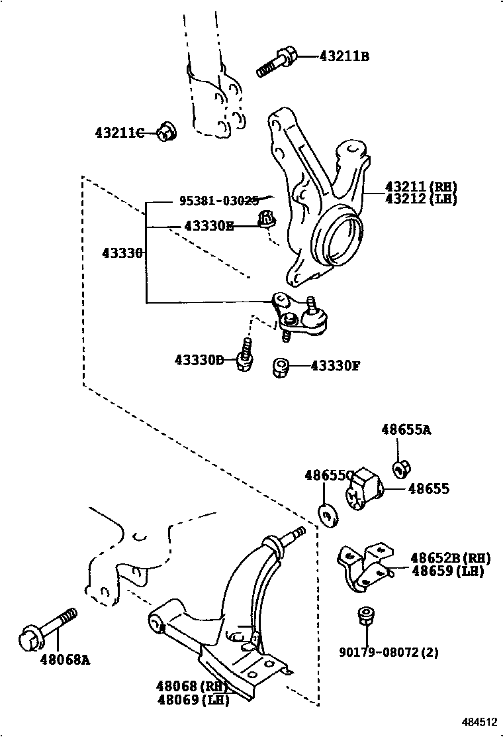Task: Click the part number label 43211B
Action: [x=343, y=56]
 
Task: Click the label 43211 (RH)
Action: [x=421, y=187]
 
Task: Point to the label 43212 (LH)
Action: [x=421, y=199]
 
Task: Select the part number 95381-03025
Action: [x=219, y=201]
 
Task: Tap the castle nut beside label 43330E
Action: [x=267, y=220]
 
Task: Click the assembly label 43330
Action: [x=122, y=253]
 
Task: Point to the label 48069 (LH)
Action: [x=193, y=700]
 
